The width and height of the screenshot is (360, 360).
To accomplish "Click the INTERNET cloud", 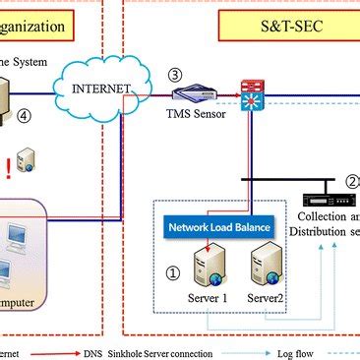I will coord(102,88).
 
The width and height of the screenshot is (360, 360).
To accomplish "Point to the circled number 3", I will coord(175,74).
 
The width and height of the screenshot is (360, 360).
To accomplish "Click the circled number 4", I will coord(40,113).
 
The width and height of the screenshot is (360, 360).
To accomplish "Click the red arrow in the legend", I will coord(63,348).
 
